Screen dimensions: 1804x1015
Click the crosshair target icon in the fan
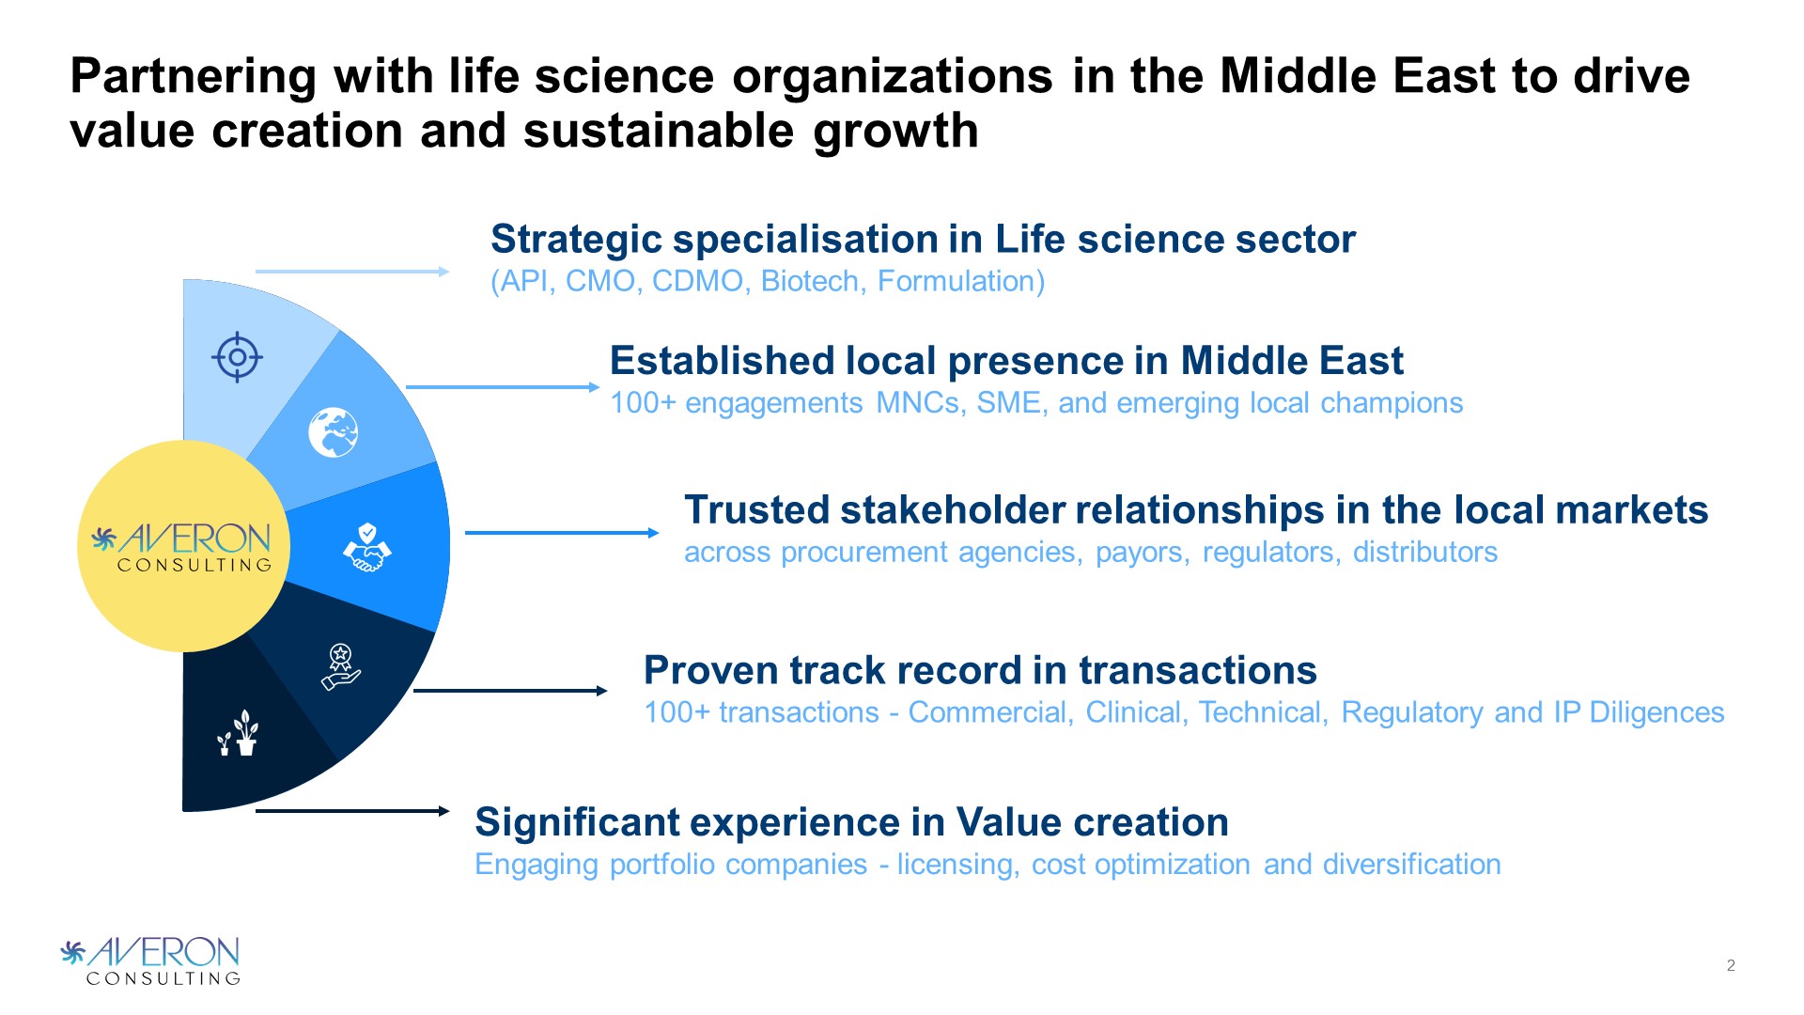(x=237, y=357)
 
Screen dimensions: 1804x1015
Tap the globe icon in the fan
(x=334, y=432)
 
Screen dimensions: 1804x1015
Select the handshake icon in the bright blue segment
(x=366, y=547)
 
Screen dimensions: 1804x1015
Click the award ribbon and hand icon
(x=341, y=666)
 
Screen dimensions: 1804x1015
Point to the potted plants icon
(x=239, y=732)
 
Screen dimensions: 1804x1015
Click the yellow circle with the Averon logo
(x=184, y=546)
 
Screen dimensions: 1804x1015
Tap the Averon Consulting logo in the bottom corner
(x=150, y=960)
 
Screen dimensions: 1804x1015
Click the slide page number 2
(x=1731, y=965)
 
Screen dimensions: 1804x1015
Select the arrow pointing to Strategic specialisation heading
(x=352, y=272)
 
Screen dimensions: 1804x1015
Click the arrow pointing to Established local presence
(x=503, y=387)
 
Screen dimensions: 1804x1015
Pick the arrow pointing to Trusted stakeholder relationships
(x=562, y=533)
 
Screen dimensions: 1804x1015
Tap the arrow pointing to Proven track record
(x=510, y=691)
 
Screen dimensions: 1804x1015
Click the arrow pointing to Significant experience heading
(x=352, y=811)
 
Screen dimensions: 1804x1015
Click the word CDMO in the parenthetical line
(x=698, y=281)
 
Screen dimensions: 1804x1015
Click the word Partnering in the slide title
(x=194, y=77)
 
